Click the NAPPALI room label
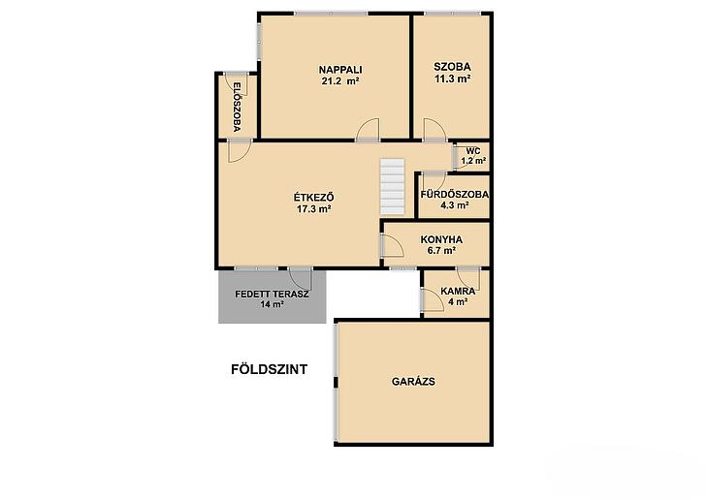[340, 70]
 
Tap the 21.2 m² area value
[340, 81]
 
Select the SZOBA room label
[452, 67]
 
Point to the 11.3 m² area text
[452, 78]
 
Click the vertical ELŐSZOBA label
[237, 107]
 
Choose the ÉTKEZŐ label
[314, 198]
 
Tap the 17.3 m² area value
[314, 209]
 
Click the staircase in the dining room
[392, 186]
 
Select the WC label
[473, 151]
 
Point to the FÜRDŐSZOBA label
[454, 195]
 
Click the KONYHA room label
[441, 239]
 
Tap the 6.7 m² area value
[441, 251]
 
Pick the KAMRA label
[458, 291]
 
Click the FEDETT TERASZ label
[272, 295]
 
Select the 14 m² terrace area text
[272, 304]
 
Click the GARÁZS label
[413, 382]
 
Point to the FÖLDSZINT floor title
[269, 369]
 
